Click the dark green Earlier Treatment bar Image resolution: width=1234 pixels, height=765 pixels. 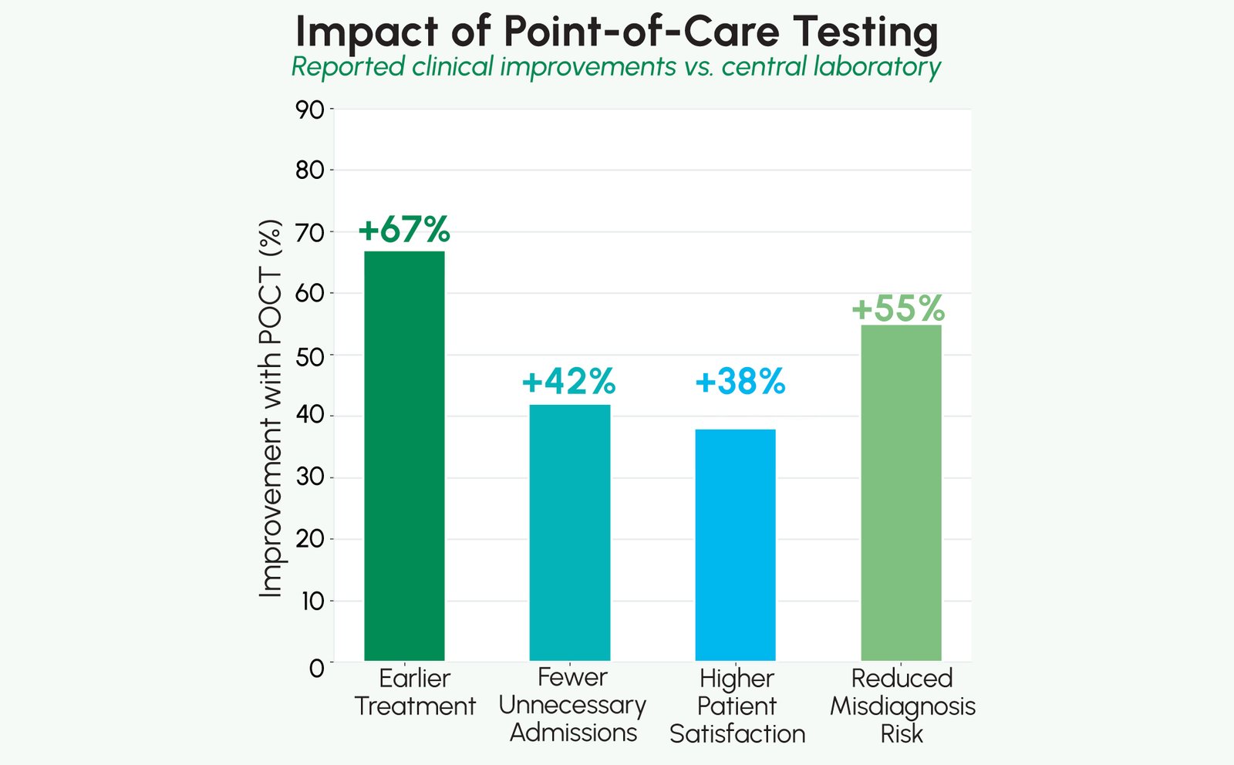click(404, 455)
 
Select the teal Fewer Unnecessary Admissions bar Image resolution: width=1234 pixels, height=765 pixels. click(569, 532)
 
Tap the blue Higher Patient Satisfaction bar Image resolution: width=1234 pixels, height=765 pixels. click(735, 544)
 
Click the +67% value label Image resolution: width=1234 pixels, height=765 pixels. click(404, 230)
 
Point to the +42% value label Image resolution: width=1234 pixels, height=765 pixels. click(569, 381)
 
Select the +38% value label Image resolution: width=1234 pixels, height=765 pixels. click(740, 381)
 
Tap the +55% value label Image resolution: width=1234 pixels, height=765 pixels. click(899, 308)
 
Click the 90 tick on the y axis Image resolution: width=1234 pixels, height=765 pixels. click(310, 110)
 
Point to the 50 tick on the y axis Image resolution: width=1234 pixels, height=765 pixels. click(310, 356)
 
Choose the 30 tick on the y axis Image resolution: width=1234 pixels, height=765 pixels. click(310, 478)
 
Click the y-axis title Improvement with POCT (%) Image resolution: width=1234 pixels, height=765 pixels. click(270, 409)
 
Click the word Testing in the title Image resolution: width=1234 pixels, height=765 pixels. click(866, 32)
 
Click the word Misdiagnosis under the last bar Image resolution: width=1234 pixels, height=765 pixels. click(902, 706)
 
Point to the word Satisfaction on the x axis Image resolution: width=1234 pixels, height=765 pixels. click(737, 733)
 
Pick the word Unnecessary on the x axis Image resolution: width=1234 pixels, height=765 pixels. click(572, 705)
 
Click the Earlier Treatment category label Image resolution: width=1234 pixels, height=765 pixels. click(415, 692)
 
